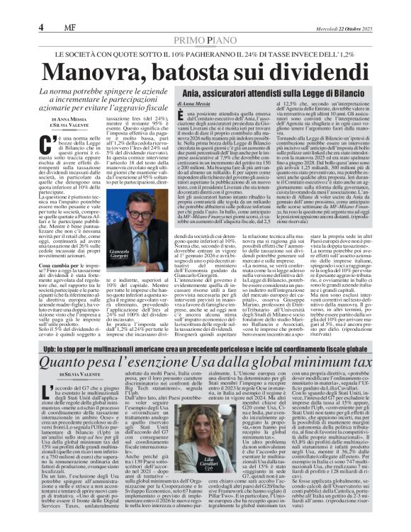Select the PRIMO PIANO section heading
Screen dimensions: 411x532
point(205,41)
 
